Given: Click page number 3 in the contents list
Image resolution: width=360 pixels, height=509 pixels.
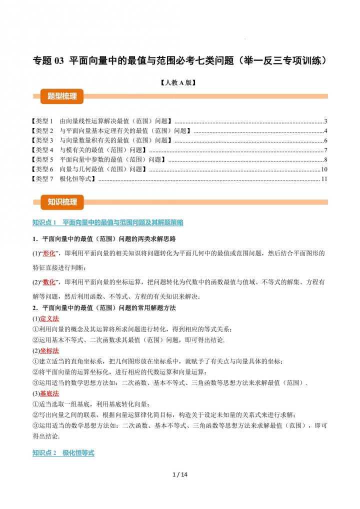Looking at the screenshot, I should point(325,121).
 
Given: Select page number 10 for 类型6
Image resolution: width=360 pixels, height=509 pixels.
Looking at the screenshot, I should point(324,169).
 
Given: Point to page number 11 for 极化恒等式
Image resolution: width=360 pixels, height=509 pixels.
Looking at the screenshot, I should point(324,178).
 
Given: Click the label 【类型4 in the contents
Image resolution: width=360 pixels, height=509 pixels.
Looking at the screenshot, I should point(43,150).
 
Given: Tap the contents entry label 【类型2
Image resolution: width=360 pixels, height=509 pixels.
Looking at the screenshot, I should point(43,130).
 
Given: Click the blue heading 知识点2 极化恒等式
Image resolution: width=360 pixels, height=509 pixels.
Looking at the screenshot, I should point(63,453).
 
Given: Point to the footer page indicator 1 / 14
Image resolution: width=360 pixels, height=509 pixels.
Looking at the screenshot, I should point(179,474).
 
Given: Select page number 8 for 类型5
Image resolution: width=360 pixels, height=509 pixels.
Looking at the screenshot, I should point(325,159).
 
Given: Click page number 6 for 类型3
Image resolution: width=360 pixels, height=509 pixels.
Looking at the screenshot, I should point(325,140).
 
